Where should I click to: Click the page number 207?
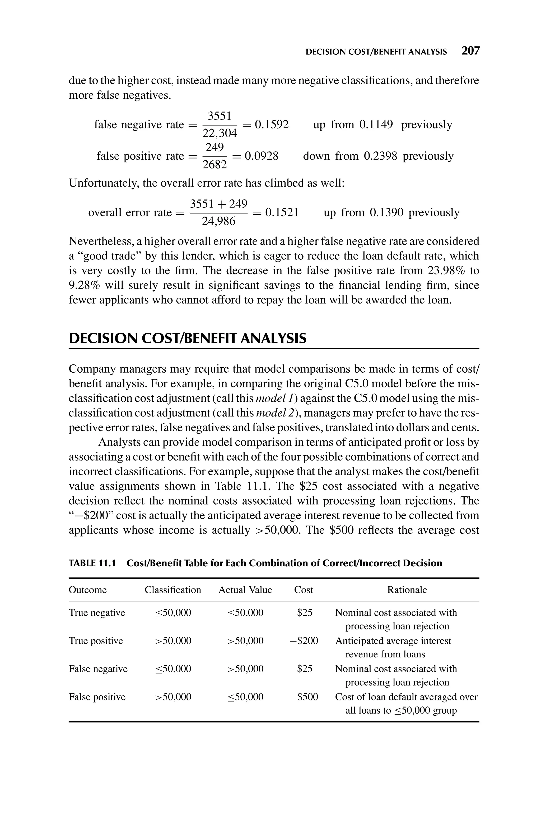pos(470,51)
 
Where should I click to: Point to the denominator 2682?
pos(214,165)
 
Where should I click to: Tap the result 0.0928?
pos(261,156)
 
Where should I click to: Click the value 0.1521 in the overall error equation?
pos(282,212)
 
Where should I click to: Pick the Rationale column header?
pos(407,590)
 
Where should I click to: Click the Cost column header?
pos(303,590)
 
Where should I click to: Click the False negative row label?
pos(98,669)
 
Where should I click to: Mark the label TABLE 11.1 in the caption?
pos(92,563)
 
